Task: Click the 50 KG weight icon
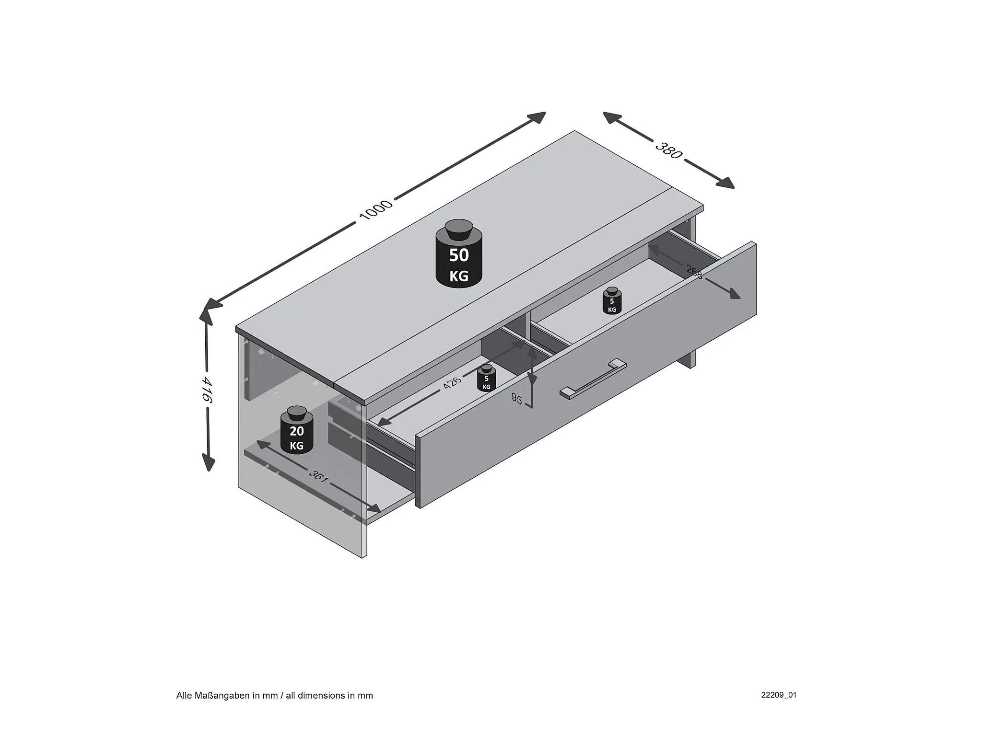[x=459, y=259]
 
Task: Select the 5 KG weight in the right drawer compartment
[x=612, y=302]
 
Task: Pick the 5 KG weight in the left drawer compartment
[x=486, y=379]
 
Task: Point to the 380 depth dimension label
[x=668, y=150]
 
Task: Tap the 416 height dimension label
[x=207, y=389]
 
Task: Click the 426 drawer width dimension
[x=452, y=383]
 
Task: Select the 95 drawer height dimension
[x=516, y=399]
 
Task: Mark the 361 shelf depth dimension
[x=318, y=476]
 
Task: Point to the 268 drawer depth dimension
[x=694, y=272]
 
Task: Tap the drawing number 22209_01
[x=779, y=695]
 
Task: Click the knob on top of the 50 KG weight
[x=459, y=229]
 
